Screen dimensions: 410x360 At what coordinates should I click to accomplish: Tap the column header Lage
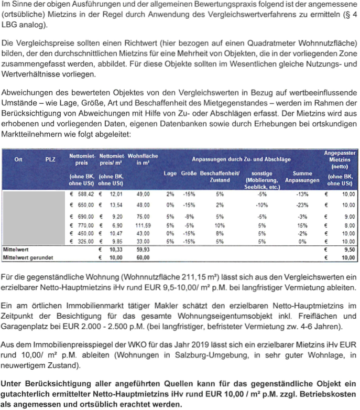click(x=170, y=173)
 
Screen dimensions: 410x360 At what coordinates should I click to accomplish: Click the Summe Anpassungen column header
click(x=302, y=177)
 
